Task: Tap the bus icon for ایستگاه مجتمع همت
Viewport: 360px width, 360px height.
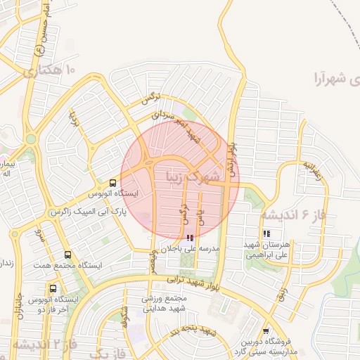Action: tap(67, 255)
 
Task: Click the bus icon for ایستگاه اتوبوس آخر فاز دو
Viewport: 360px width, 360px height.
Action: tap(53, 288)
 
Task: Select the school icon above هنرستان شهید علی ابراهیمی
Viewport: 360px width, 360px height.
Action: tap(266, 233)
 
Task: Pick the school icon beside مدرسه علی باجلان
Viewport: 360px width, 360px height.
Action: tap(188, 238)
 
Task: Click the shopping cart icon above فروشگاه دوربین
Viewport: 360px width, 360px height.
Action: tap(266, 331)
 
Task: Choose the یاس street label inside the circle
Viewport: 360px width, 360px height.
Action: tap(202, 215)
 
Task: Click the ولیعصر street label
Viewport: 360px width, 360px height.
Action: tap(153, 262)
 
